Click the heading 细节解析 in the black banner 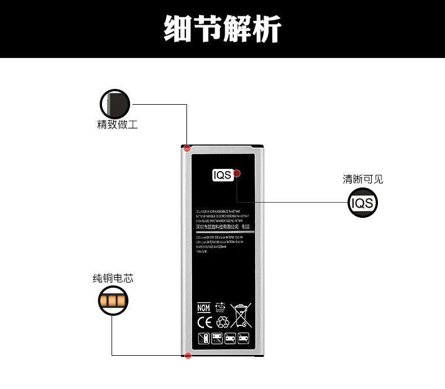(x=222, y=28)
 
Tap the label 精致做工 (x=117, y=124)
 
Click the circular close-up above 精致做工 (x=115, y=104)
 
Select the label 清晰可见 (x=363, y=180)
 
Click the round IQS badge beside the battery (x=362, y=203)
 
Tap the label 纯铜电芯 (x=113, y=278)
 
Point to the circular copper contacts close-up (x=113, y=300)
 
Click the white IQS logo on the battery (x=222, y=175)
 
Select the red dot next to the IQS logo (x=237, y=173)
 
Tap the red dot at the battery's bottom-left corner (x=188, y=355)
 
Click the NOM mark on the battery (x=203, y=308)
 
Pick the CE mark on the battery (x=204, y=323)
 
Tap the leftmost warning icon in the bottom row (x=203, y=339)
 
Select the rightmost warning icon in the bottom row (x=244, y=339)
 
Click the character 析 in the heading (x=267, y=28)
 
